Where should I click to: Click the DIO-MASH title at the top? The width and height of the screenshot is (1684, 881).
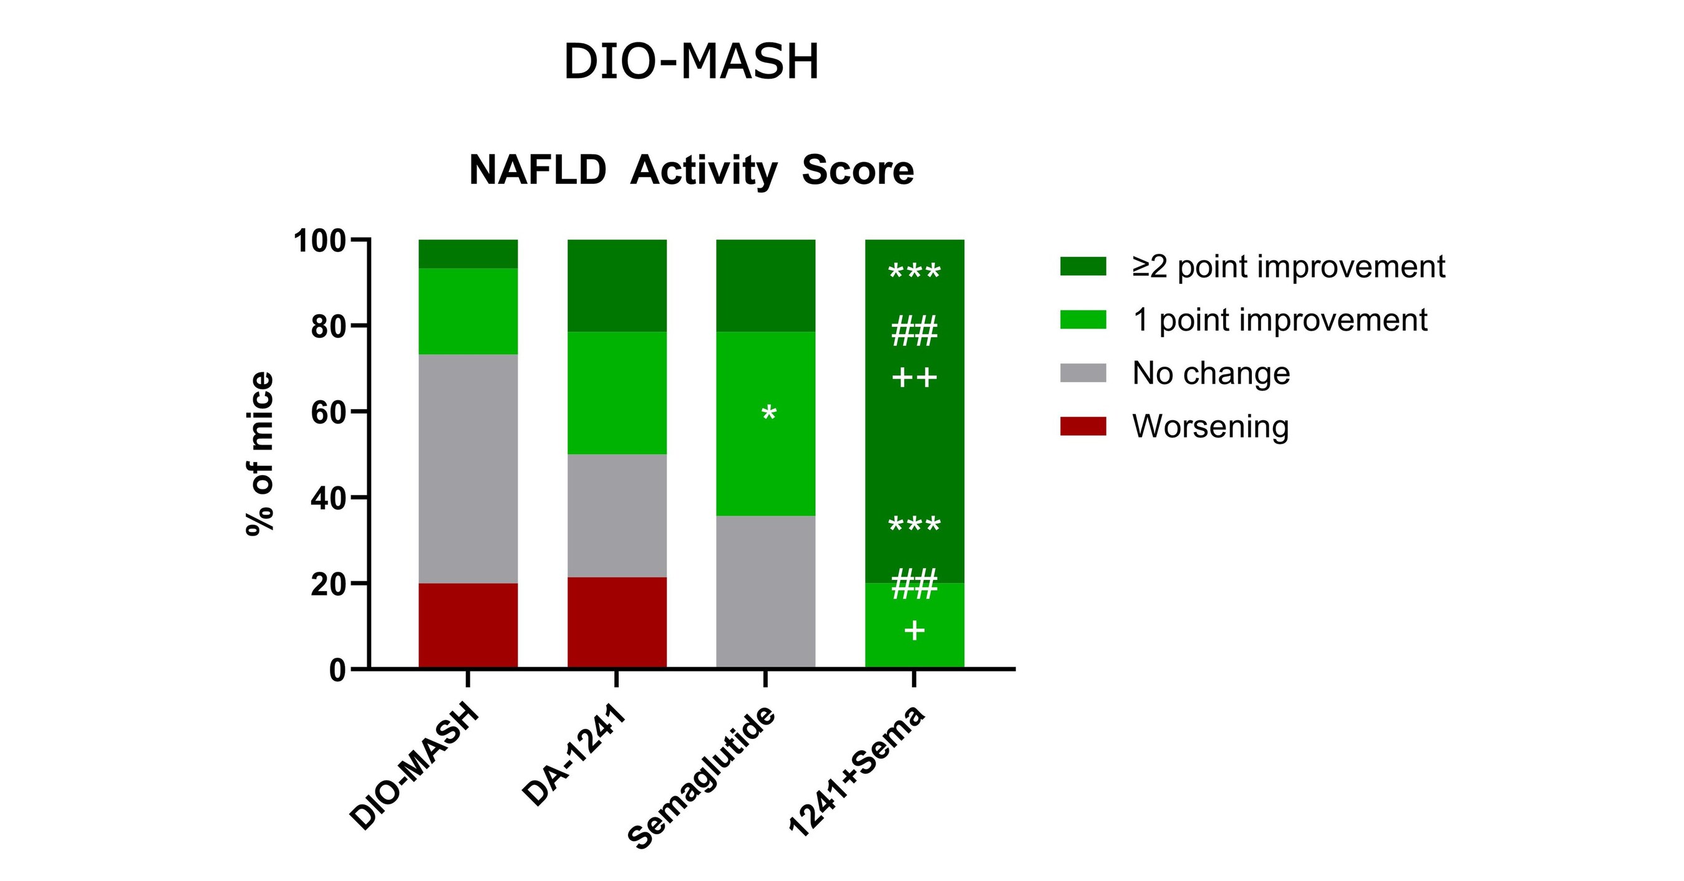(x=691, y=62)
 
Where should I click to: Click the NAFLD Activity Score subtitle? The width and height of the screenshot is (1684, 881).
(x=691, y=171)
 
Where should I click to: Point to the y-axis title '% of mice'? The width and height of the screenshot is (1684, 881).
(x=259, y=455)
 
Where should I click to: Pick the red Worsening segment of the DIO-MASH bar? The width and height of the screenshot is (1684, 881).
(x=468, y=625)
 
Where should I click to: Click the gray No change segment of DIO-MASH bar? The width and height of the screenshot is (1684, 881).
(x=468, y=469)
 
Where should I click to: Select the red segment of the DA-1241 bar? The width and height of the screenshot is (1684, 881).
(x=616, y=622)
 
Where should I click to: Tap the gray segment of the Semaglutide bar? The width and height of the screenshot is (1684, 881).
(x=765, y=592)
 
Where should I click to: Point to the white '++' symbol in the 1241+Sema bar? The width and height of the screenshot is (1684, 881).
(x=914, y=378)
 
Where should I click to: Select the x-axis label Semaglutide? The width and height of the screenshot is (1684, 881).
(x=703, y=777)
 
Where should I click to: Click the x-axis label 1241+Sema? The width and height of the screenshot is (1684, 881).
(x=857, y=771)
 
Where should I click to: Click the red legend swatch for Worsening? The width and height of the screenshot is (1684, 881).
(x=1083, y=426)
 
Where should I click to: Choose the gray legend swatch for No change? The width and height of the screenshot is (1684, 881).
(x=1083, y=373)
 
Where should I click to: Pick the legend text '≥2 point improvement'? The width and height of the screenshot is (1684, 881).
(x=1289, y=267)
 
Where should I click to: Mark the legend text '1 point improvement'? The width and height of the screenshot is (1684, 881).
(x=1279, y=320)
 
